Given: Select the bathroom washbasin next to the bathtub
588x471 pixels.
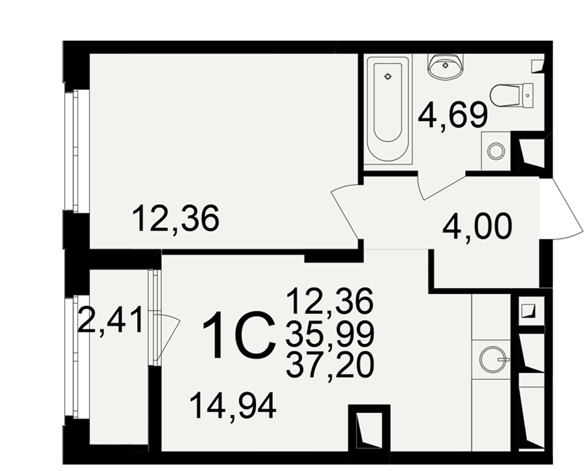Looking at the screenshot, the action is click(445, 67).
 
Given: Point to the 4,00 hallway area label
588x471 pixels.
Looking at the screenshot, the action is click(477, 227).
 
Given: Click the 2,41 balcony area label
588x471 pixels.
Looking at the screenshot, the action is click(111, 320).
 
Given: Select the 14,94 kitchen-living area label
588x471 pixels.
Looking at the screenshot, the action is click(233, 406).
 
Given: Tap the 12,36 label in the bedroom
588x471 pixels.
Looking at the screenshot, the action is click(175, 218).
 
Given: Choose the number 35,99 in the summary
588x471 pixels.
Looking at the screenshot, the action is click(330, 334).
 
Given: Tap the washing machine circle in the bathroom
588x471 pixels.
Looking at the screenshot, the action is click(496, 151).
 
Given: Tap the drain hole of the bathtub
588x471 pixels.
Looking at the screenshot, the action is click(387, 77).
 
